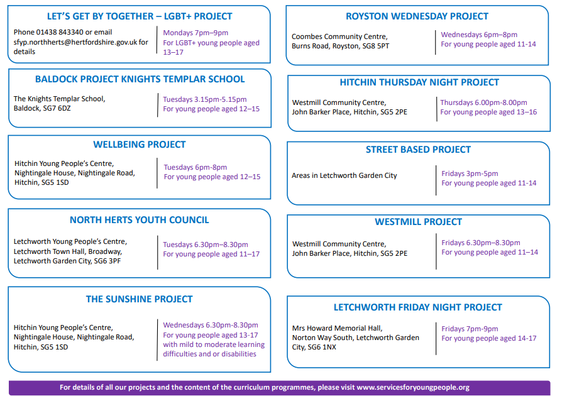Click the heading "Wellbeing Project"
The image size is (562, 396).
pos(140,145)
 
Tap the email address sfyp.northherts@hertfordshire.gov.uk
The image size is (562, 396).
pos(75,42)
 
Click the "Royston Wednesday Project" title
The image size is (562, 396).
pos(417,16)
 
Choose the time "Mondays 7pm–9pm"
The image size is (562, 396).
pos(196,33)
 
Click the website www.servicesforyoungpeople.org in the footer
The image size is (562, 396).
pos(413,387)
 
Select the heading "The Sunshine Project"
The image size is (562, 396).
pos(139,299)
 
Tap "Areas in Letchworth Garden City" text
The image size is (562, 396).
pos(344,175)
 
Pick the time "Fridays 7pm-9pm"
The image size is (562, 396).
pos(470,329)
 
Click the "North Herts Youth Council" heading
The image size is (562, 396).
pos(139,219)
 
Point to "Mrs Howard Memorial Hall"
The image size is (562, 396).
pos(338,328)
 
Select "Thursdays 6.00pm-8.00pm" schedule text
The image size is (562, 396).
pos(483,102)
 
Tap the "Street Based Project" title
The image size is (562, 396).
pos(418,150)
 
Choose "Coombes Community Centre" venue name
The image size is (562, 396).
pos(339,36)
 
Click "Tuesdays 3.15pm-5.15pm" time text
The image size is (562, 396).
pos(205,99)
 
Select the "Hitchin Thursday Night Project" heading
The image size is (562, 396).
pos(419,82)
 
